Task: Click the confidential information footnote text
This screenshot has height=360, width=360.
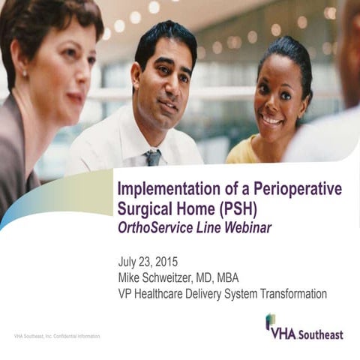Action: (57, 336)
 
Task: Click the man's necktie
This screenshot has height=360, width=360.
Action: (152, 158)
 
